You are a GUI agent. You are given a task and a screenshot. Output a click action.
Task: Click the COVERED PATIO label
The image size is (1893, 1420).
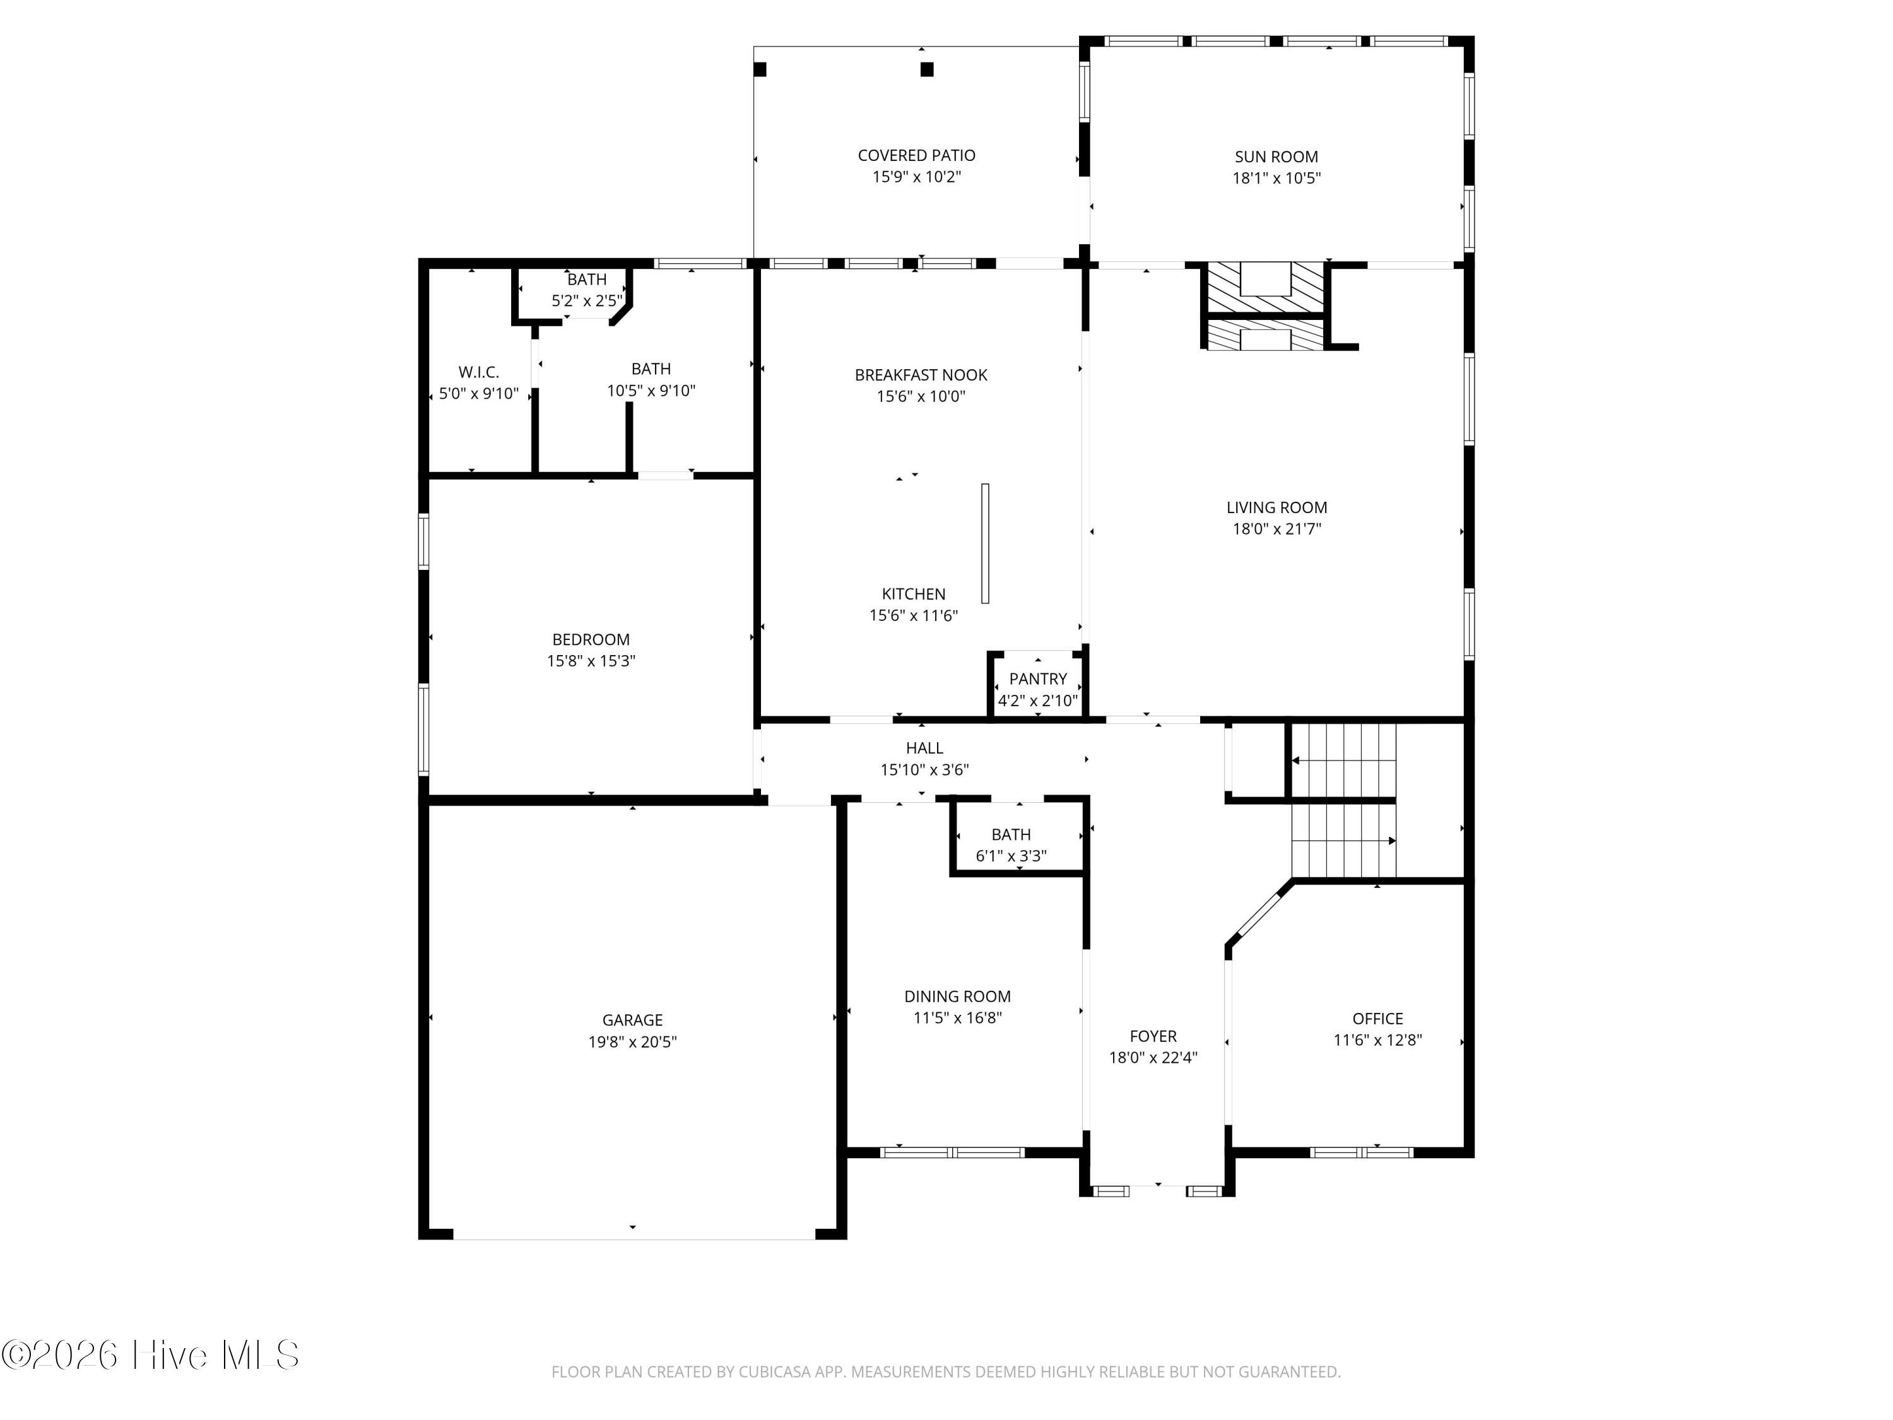(917, 156)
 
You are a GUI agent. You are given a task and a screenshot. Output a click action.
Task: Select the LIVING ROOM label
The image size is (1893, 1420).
(1277, 507)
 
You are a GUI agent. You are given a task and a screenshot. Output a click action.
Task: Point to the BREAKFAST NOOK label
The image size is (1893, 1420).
(921, 375)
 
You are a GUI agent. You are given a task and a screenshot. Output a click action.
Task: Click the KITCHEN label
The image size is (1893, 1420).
(914, 594)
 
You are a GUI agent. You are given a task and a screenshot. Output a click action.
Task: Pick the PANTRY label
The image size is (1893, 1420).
(1038, 678)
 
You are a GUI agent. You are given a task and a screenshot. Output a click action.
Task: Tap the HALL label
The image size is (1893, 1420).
(924, 748)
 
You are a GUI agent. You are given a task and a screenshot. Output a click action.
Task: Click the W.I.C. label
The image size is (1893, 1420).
(478, 372)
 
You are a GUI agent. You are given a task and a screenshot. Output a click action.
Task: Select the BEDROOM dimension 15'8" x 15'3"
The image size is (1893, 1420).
(591, 661)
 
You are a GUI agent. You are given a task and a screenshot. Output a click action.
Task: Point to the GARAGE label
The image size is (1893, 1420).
(632, 1021)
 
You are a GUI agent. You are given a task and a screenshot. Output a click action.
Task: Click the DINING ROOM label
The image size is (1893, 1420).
(958, 997)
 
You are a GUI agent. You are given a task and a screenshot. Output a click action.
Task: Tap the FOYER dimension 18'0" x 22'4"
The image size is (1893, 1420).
(1153, 1057)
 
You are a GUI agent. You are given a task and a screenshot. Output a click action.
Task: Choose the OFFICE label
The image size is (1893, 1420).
(1378, 1019)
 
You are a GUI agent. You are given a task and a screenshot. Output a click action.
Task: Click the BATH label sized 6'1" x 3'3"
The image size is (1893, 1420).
(1011, 834)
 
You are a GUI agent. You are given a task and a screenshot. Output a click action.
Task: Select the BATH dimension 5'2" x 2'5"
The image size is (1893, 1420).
(587, 300)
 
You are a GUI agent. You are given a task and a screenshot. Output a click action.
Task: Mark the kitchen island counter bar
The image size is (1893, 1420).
(985, 543)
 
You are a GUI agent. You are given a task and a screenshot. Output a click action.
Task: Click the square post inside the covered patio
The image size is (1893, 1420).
(927, 69)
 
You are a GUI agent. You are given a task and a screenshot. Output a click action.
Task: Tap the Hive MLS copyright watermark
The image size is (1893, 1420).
(151, 1355)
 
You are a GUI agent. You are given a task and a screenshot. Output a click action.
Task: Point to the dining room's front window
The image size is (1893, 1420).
(952, 1152)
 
